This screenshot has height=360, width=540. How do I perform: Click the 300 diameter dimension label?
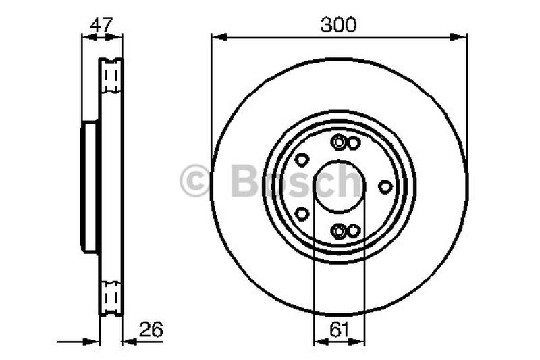coord(339,25)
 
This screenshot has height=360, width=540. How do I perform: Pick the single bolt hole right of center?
coord(385,186)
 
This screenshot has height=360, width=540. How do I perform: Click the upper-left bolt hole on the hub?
coord(302,160)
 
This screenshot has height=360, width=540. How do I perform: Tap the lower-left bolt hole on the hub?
coord(302,213)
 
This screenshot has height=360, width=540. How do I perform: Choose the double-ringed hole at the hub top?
coord(340,143)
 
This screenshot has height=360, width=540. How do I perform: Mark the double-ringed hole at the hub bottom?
coord(340,232)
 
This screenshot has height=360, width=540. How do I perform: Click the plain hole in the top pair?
coord(353,143)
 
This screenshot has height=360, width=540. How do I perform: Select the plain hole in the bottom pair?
coord(353,232)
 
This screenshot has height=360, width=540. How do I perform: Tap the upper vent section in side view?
coord(111,78)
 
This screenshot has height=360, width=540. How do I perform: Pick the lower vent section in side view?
coord(111,296)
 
